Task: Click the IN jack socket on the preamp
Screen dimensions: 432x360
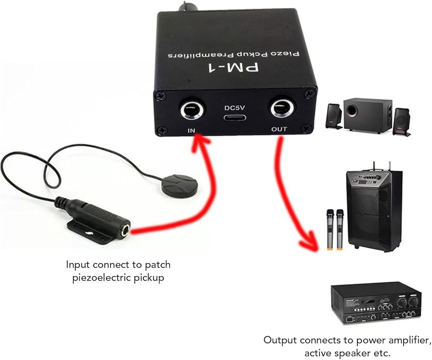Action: click(193, 111)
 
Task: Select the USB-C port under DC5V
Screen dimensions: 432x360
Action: click(235, 118)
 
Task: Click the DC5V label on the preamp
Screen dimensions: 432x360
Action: click(235, 107)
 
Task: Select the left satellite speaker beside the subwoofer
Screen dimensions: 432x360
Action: click(334, 116)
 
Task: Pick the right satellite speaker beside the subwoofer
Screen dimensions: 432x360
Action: click(402, 121)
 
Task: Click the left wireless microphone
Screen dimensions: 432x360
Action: click(330, 230)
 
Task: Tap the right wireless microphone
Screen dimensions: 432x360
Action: click(340, 230)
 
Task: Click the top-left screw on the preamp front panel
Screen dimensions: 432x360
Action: click(160, 96)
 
